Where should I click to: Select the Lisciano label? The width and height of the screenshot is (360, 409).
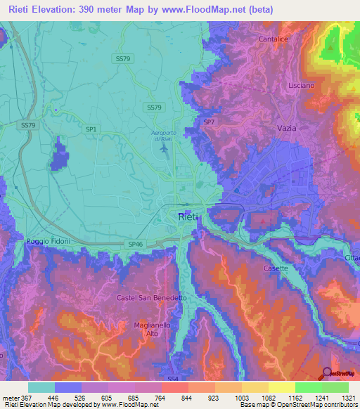pyautogui.click(x=302, y=85)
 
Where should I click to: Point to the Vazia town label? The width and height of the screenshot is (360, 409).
pyautogui.click(x=287, y=129)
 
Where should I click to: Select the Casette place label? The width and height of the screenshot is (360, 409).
pyautogui.click(x=275, y=269)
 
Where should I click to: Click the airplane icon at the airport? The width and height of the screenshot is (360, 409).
pyautogui.click(x=165, y=148)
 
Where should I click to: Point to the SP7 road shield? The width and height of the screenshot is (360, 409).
pyautogui.click(x=209, y=122)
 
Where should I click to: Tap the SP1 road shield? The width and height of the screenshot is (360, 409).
pyautogui.click(x=91, y=129)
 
